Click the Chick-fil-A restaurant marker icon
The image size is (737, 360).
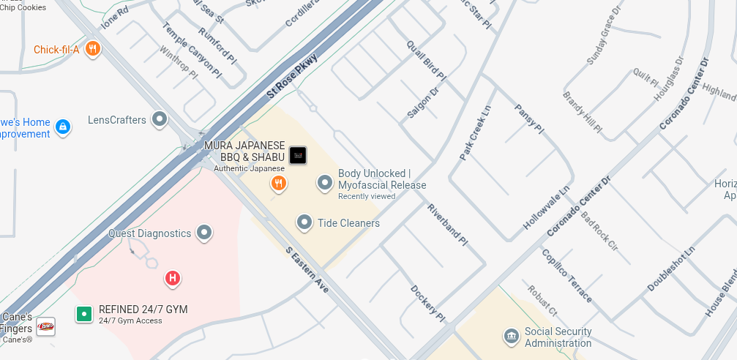[x=92, y=49]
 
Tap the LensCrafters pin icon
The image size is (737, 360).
[x=160, y=119]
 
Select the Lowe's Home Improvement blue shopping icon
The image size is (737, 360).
[x=63, y=127]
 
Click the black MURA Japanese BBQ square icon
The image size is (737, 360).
[x=298, y=155]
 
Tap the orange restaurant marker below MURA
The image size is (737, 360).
[x=278, y=184]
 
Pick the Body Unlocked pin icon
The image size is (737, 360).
[x=325, y=182]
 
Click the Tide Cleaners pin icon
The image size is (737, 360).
[x=304, y=222]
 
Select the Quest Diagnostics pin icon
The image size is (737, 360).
[x=204, y=233]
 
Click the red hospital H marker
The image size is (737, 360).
[x=173, y=278]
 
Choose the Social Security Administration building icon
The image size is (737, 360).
[x=511, y=337]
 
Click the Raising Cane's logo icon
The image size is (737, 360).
[x=45, y=326]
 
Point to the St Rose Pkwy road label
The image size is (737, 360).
[x=292, y=76]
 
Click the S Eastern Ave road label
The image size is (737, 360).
[x=307, y=270]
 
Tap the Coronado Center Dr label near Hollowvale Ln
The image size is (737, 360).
[x=578, y=205]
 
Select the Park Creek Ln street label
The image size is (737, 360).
[x=475, y=132]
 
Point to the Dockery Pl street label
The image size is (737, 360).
[x=427, y=303]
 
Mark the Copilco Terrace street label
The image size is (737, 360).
[x=566, y=275]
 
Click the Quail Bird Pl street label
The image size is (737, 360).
[x=426, y=60]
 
